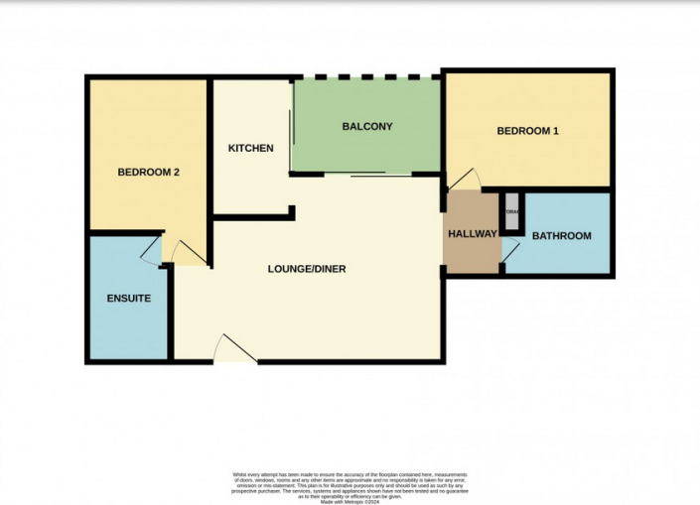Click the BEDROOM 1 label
(x=527, y=131)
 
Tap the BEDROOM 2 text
(x=148, y=172)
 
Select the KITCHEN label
(x=250, y=149)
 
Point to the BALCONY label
(x=367, y=127)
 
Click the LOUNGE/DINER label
(x=307, y=269)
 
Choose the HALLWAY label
(x=472, y=234)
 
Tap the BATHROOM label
(x=561, y=236)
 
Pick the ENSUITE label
(x=128, y=299)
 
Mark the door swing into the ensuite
(x=150, y=252)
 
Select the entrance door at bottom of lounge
(x=236, y=349)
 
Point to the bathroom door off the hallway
(x=509, y=253)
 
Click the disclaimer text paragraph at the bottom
(x=350, y=483)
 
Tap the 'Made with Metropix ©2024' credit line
(x=350, y=500)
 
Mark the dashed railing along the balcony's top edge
(x=367, y=77)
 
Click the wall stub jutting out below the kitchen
(x=291, y=211)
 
